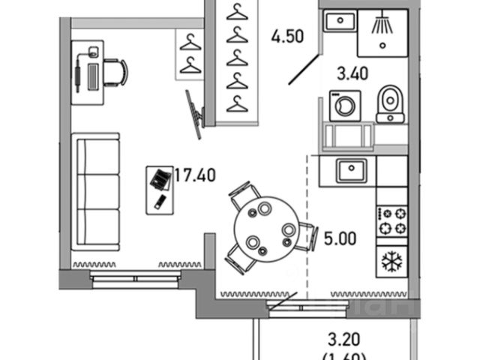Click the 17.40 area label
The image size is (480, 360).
click(x=196, y=177)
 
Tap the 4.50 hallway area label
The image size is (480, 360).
click(x=287, y=37)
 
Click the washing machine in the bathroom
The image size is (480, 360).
click(x=345, y=106)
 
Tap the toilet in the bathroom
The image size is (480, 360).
click(x=389, y=103)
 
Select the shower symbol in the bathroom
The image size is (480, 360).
click(x=382, y=25)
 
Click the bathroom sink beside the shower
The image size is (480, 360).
click(x=338, y=22)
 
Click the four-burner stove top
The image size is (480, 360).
click(x=391, y=219)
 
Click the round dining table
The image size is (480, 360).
click(x=265, y=228)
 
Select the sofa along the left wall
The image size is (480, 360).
click(x=96, y=184)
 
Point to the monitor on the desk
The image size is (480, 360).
click(x=93, y=76)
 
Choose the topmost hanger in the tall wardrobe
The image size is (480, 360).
click(x=237, y=13)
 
